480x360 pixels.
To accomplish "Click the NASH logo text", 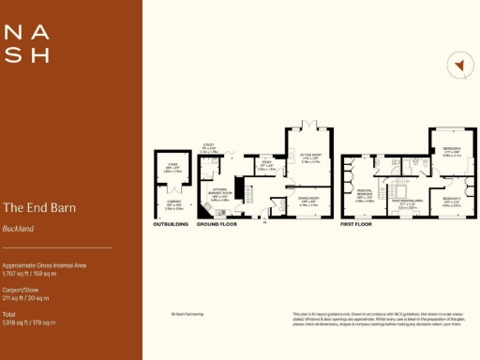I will [x=27, y=44].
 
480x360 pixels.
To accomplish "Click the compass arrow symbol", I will [x=458, y=65].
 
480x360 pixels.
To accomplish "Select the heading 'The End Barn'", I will [x=39, y=207].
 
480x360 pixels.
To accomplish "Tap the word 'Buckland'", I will [x=19, y=228].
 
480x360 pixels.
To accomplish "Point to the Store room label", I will [x=172, y=170].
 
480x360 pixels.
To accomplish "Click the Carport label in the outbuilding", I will [x=172, y=205].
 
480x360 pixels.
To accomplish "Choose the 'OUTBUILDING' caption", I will [x=172, y=225].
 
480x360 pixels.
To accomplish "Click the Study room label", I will [x=265, y=167].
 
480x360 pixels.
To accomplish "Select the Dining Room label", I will [x=309, y=200].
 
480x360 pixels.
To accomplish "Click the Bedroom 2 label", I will [x=451, y=154].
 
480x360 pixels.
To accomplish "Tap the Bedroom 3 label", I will [x=451, y=200].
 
